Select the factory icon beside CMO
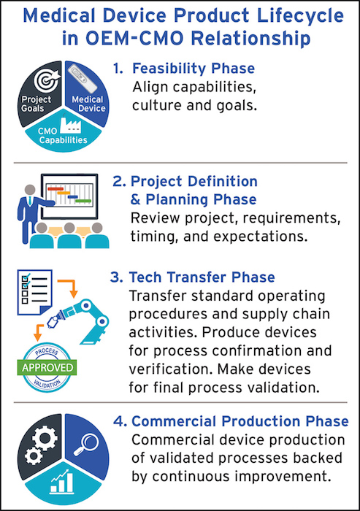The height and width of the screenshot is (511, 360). [70, 124]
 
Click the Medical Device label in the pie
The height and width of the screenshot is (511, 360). [88, 104]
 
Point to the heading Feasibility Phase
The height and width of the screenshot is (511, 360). [194, 69]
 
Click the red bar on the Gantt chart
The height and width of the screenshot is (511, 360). [55, 188]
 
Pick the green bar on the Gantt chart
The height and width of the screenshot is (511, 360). [83, 201]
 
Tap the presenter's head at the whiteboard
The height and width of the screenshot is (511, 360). [30, 190]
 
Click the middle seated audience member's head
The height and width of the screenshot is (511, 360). [69, 228]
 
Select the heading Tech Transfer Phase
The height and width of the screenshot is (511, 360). [202, 277]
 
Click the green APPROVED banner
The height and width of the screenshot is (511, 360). [47, 368]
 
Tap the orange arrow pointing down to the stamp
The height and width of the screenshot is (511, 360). [39, 331]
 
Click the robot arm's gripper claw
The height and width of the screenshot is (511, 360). [52, 322]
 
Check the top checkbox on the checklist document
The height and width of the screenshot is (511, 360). [25, 278]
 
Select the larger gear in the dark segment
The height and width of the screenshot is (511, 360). [45, 438]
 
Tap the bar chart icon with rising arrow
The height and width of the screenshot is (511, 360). [62, 481]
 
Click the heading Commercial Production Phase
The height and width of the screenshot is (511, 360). [240, 421]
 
